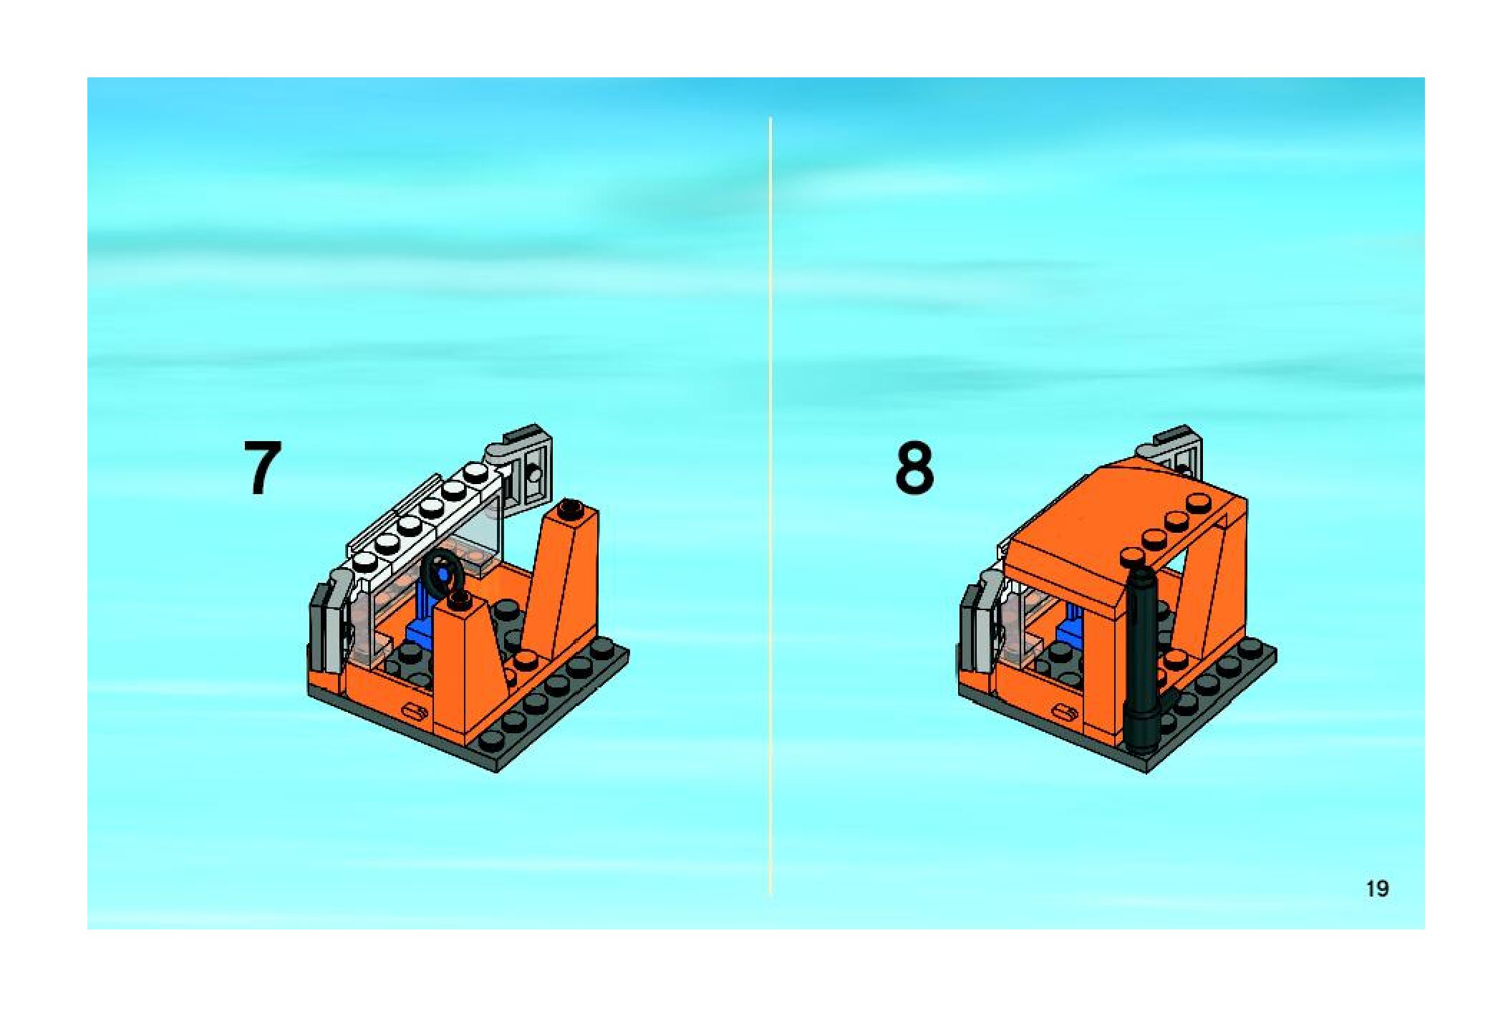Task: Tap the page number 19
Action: coord(1377,889)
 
